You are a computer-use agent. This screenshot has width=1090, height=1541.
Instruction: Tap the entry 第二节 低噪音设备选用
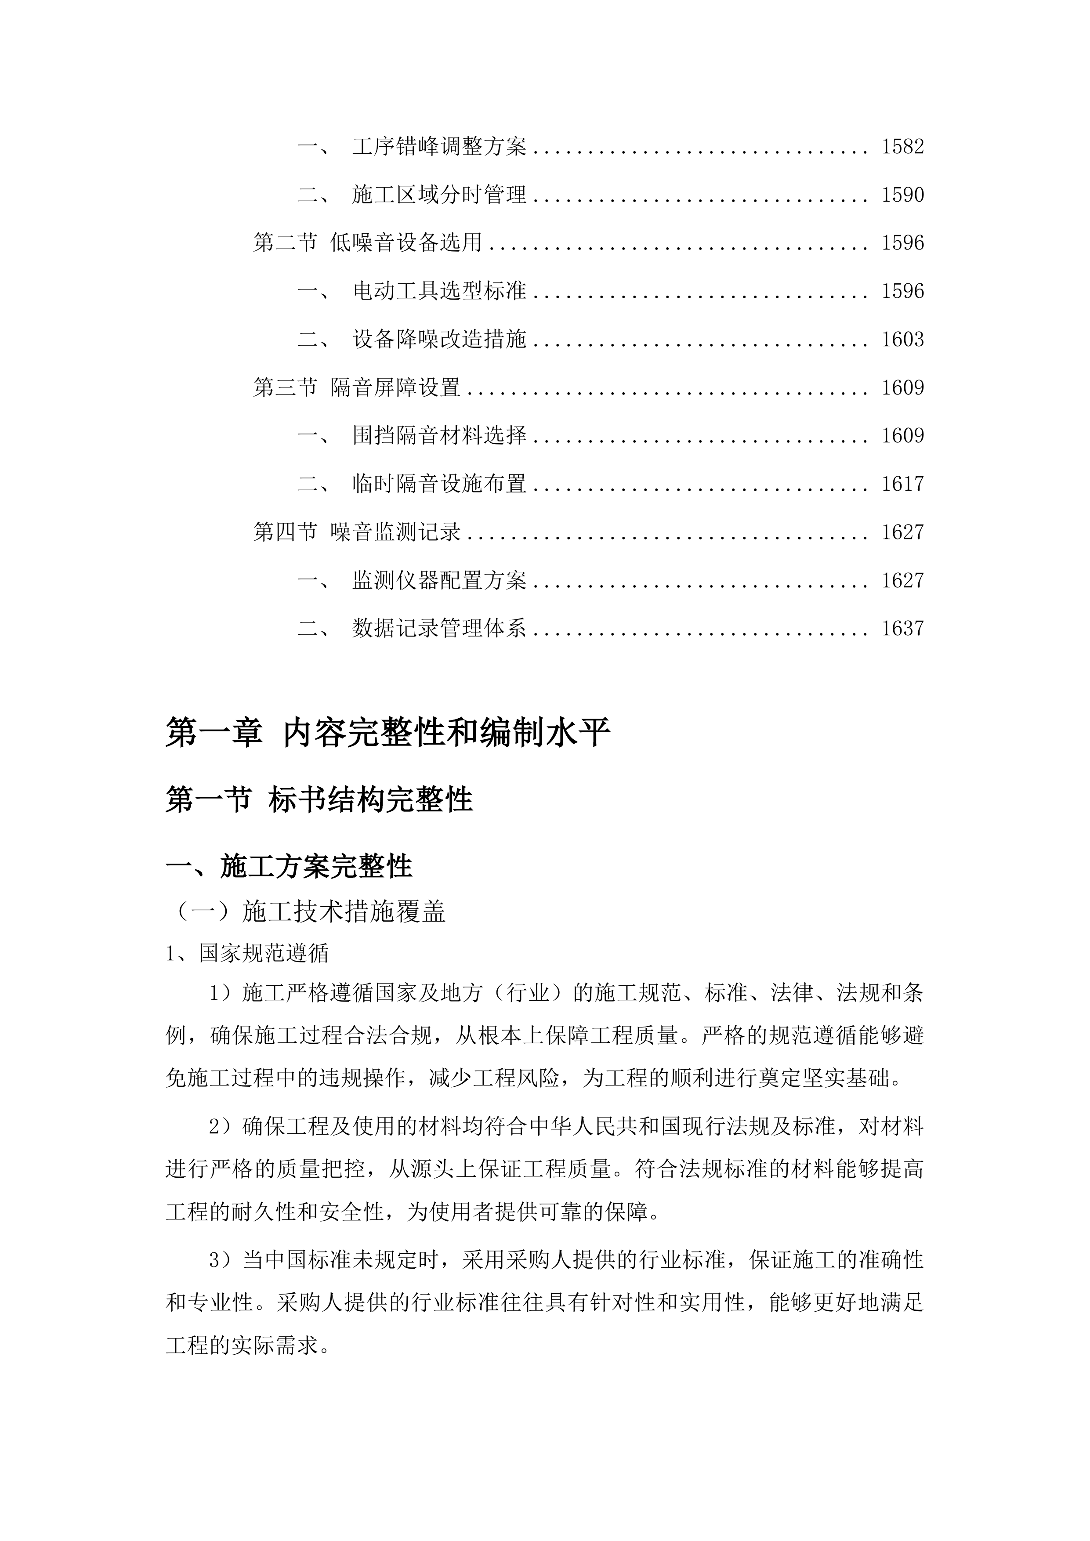tap(367, 243)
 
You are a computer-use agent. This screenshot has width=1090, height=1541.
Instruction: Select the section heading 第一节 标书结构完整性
tap(319, 800)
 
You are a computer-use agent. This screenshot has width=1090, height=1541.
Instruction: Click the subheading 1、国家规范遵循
tap(247, 954)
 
